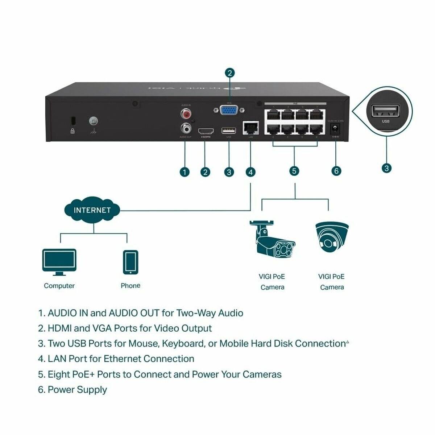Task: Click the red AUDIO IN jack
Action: [x=186, y=115]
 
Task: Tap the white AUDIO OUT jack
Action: [x=186, y=128]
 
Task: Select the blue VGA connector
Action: [x=229, y=110]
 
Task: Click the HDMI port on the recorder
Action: [x=206, y=131]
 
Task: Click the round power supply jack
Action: [x=335, y=128]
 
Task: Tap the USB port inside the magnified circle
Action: [x=385, y=111]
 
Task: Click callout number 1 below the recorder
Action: [x=185, y=172]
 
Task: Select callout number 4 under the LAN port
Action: [x=250, y=172]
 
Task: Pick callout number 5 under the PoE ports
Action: [x=294, y=171]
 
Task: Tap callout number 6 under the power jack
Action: [x=336, y=171]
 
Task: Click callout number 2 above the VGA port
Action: [x=229, y=73]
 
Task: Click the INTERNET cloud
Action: [x=92, y=210]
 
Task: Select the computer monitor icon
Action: [x=59, y=262]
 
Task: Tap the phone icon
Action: [x=130, y=262]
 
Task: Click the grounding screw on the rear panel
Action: [x=94, y=121]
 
